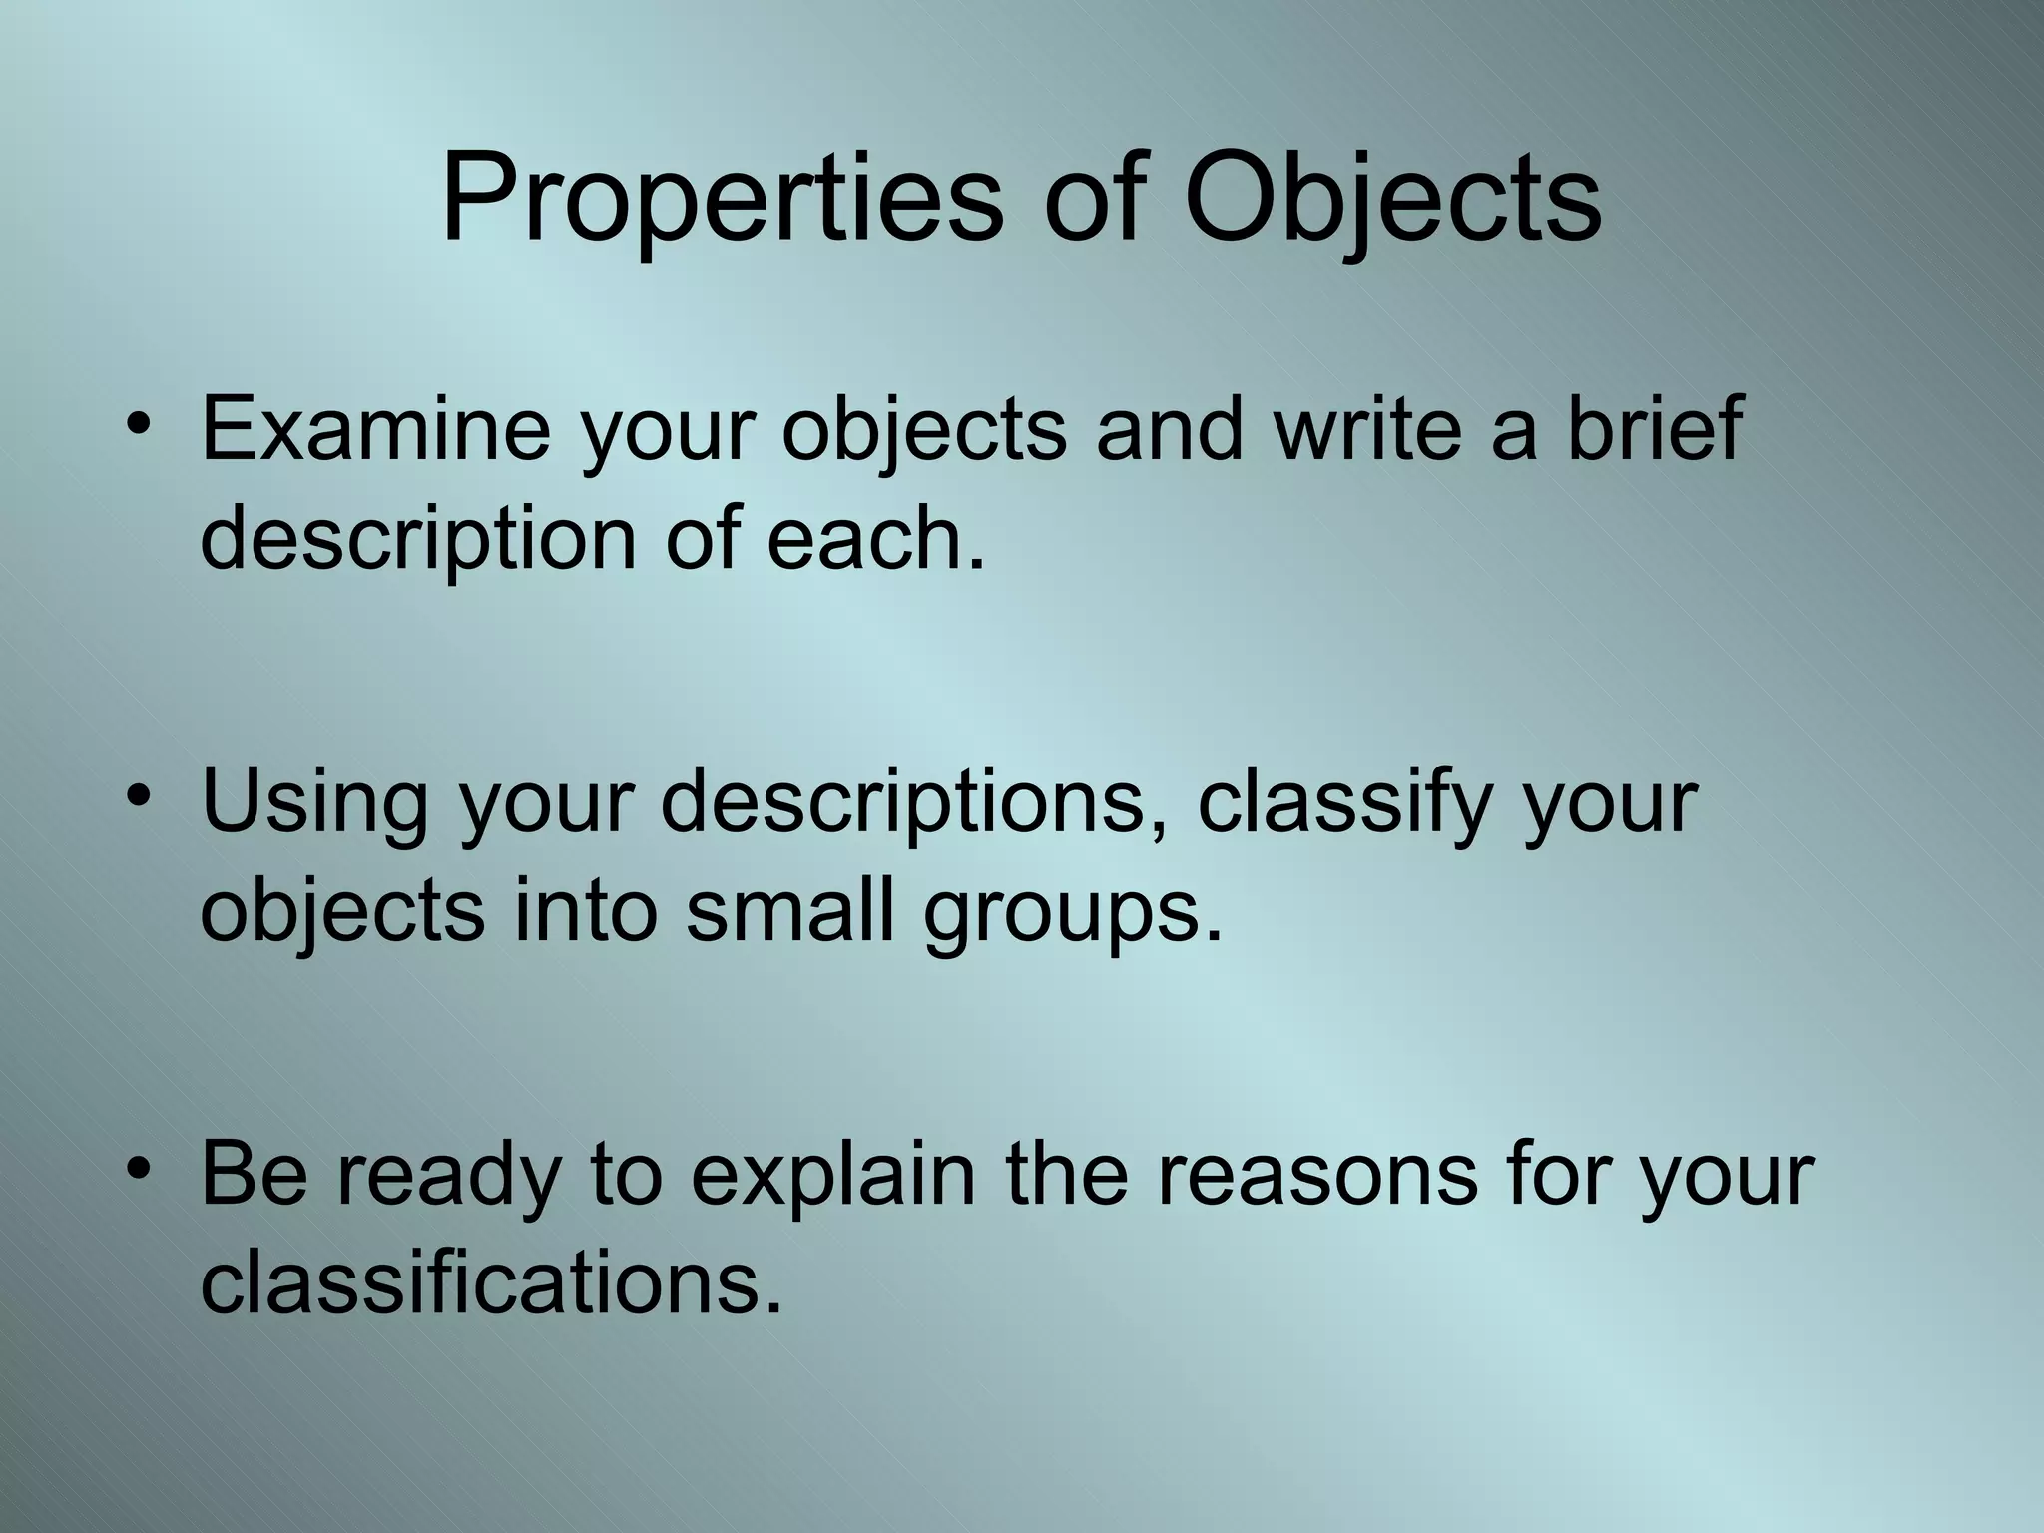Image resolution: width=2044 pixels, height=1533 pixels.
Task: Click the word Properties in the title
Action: click(721, 200)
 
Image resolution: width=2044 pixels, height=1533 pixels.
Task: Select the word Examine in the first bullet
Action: click(375, 429)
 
